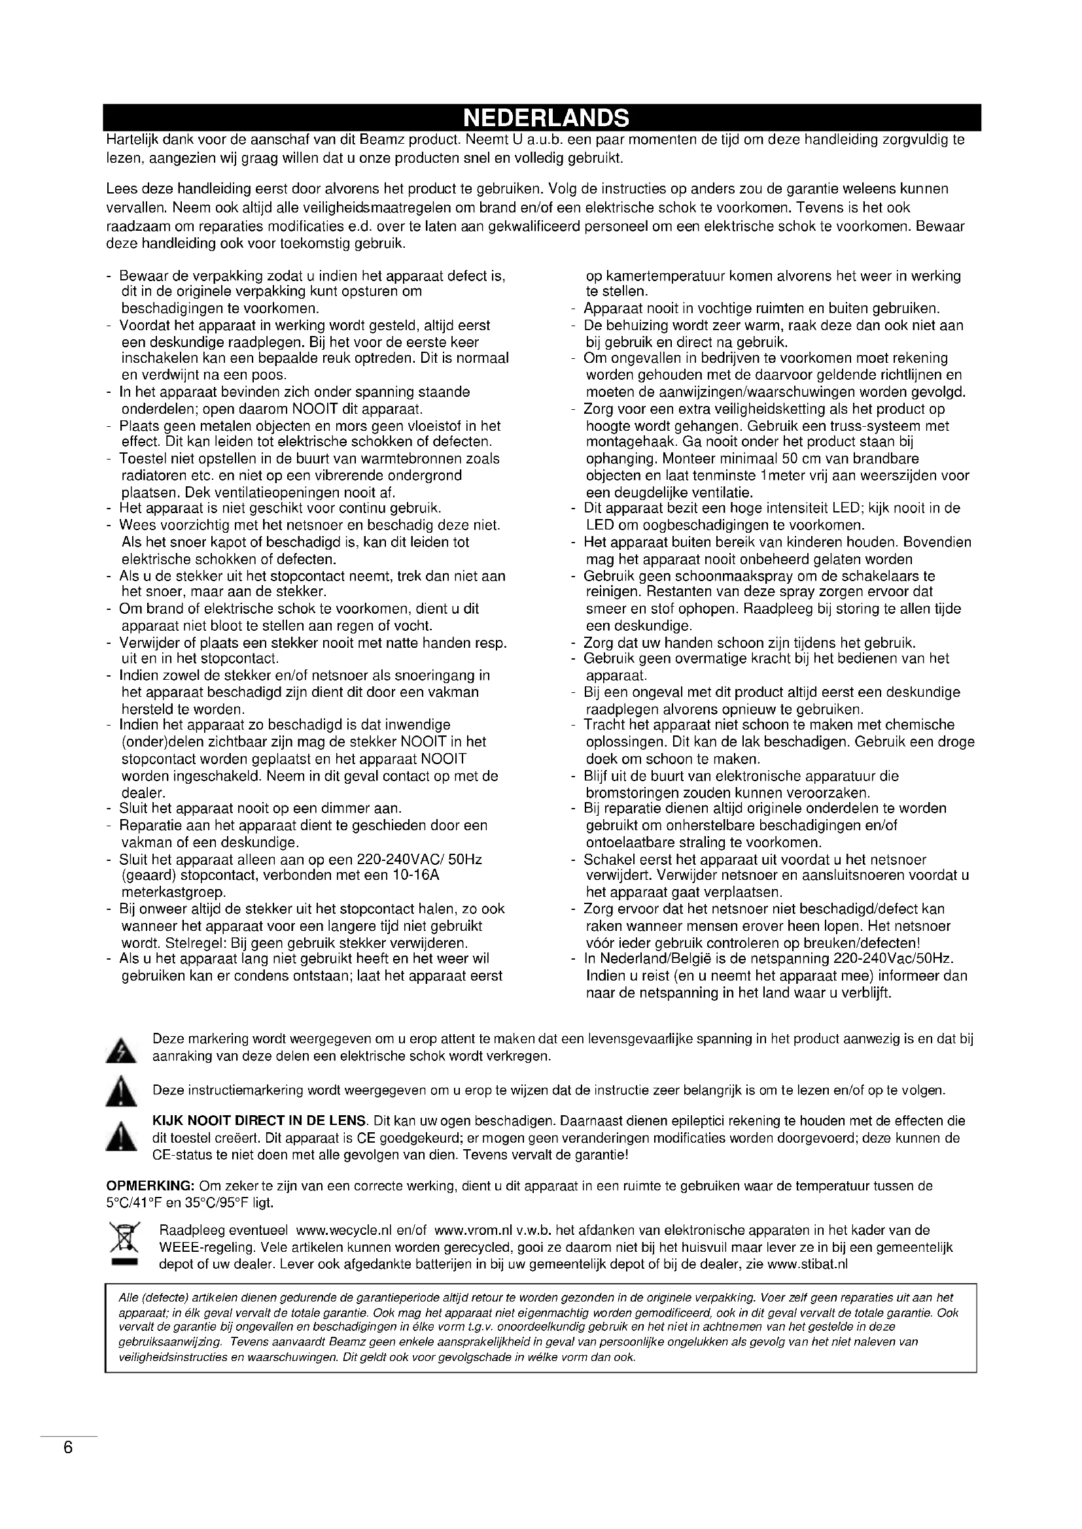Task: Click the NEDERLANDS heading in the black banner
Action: pos(546,118)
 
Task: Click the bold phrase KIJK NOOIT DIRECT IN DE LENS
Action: pos(260,1121)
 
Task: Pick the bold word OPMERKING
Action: pos(150,1185)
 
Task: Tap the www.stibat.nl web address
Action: pos(807,1265)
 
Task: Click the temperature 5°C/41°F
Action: pos(133,1203)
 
